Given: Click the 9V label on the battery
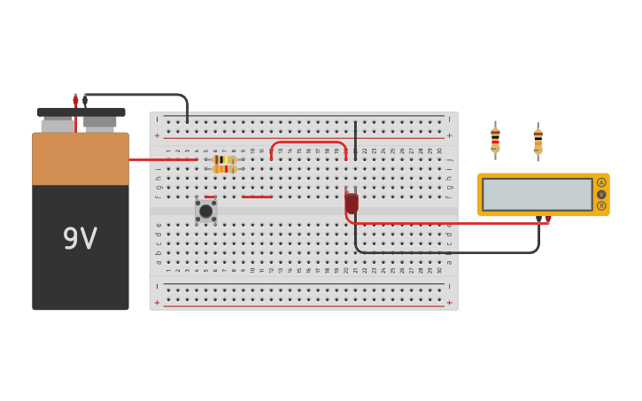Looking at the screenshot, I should (80, 238).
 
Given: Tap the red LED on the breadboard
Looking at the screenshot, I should (352, 204).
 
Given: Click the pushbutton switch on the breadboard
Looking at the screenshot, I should (205, 211).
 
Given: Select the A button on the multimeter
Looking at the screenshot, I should (601, 182).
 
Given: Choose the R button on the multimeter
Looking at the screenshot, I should (601, 205).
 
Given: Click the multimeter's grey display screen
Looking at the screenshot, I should (538, 194).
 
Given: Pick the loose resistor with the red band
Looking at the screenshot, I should (495, 139).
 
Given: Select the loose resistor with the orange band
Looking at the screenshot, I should (538, 140).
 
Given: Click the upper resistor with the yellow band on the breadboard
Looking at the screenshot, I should (224, 159).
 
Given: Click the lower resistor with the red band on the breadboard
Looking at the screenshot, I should (224, 169).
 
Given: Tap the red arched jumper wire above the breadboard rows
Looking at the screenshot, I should (308, 142).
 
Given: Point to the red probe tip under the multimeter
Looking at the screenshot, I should (548, 220).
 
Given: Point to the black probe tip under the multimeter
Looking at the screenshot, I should (538, 219).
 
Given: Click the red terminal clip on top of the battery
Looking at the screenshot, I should (75, 101).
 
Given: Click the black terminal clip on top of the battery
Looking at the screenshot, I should (85, 101).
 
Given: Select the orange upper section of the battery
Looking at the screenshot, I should (80, 159).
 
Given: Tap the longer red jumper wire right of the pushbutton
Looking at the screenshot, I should (257, 197).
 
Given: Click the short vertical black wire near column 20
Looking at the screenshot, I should (355, 140).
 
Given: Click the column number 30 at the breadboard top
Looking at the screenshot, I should (439, 151).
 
